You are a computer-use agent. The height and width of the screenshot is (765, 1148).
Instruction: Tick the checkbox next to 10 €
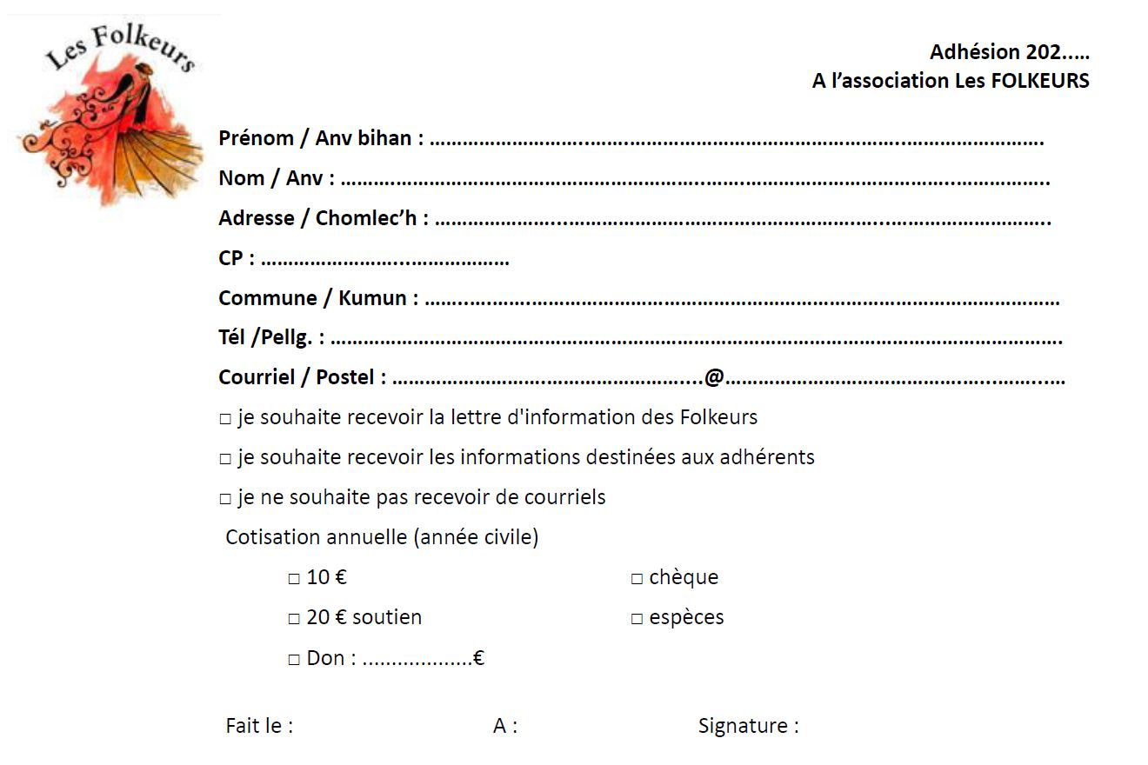(294, 578)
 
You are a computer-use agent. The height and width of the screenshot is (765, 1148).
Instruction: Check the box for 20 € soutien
(294, 619)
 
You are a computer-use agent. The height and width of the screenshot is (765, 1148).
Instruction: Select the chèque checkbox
(637, 579)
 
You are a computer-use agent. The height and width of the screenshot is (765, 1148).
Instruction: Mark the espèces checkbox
(637, 619)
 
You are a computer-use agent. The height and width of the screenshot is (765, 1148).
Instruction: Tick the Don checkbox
(294, 660)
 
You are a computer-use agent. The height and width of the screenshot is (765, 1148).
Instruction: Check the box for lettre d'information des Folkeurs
(225, 419)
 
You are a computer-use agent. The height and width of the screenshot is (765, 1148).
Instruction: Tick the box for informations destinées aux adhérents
(225, 459)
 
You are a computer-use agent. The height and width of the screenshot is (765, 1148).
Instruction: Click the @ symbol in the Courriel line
(714, 377)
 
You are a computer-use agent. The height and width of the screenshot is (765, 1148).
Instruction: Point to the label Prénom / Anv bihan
(320, 138)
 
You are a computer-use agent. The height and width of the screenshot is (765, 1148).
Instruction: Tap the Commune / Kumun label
(317, 298)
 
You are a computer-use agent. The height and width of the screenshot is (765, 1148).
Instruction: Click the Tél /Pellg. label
(270, 338)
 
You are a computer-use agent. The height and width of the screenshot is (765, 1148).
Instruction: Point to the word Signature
(747, 726)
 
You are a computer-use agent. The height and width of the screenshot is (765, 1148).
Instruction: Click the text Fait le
(258, 726)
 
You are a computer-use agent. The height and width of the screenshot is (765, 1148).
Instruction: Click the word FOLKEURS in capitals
(1039, 81)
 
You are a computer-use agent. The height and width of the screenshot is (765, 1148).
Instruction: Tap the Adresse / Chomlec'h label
(323, 218)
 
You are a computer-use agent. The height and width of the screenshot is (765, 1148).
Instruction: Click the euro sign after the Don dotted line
(478, 658)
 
